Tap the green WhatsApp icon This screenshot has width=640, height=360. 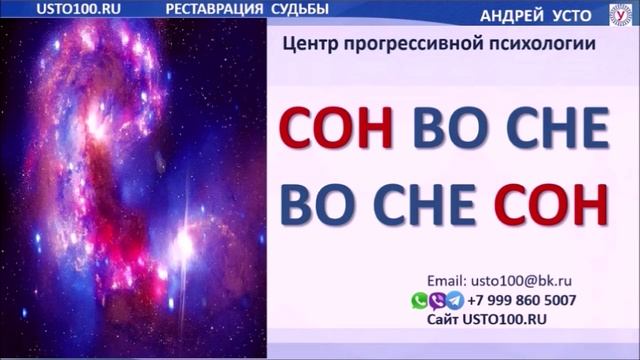[420, 300]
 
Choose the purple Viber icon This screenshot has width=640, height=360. [437, 300]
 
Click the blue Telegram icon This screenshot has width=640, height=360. [454, 300]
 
